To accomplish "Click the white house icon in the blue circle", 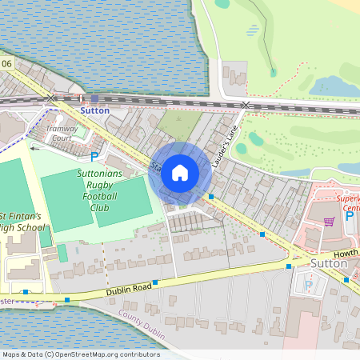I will pyautogui.click(x=180, y=171).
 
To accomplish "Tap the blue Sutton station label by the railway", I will pyautogui.click(x=94, y=110).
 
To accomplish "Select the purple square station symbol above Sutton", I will pyautogui.click(x=94, y=99).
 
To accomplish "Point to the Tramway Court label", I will pyautogui.click(x=61, y=133).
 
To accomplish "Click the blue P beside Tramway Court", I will pyautogui.click(x=94, y=157).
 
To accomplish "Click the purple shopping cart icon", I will pyautogui.click(x=328, y=221).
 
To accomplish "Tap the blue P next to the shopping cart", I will pyautogui.click(x=349, y=215).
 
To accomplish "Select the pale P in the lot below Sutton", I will pyautogui.click(x=309, y=285).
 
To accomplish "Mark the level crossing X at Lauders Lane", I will pyautogui.click(x=246, y=105).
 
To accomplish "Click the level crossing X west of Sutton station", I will pyautogui.click(x=52, y=98).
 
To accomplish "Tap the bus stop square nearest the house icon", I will pyautogui.click(x=211, y=196).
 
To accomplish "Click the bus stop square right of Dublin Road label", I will pyautogui.click(x=156, y=282).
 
